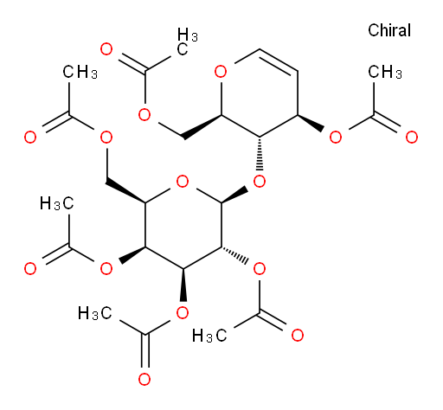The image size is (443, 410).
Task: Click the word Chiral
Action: pyautogui.click(x=389, y=30)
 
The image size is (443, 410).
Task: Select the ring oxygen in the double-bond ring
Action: pyautogui.click(x=221, y=71)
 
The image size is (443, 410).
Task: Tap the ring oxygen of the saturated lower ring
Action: pyautogui.click(x=183, y=182)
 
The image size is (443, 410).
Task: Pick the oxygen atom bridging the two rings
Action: pyautogui.click(x=259, y=182)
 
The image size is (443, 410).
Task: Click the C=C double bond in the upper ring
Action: pyautogui.click(x=278, y=60)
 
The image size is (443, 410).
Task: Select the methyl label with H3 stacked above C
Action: pyautogui.click(x=188, y=42)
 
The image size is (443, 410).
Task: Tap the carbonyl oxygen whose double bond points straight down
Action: pyautogui.click(x=144, y=379)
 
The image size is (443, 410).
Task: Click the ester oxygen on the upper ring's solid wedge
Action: pyautogui.click(x=336, y=138)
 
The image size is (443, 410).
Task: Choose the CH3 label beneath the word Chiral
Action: pyautogui.click(x=385, y=72)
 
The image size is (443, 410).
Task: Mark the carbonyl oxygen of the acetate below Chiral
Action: pyautogui.click(x=412, y=138)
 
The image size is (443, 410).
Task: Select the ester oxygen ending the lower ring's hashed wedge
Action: pyautogui.click(x=259, y=269)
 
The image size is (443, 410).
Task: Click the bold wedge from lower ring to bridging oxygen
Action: pyautogui.click(x=234, y=196)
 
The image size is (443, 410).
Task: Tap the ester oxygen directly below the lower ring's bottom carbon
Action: pyautogui.click(x=183, y=312)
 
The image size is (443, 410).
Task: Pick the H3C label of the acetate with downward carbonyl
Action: pyautogui.click(x=95, y=313)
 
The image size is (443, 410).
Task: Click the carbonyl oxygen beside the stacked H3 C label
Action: pyautogui.click(x=106, y=49)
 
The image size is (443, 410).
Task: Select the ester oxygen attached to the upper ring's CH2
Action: pyautogui.click(x=144, y=115)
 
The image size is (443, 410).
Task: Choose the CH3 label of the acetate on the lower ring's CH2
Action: pyautogui.click(x=80, y=72)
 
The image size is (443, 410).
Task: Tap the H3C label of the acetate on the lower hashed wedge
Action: pyautogui.click(x=209, y=336)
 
